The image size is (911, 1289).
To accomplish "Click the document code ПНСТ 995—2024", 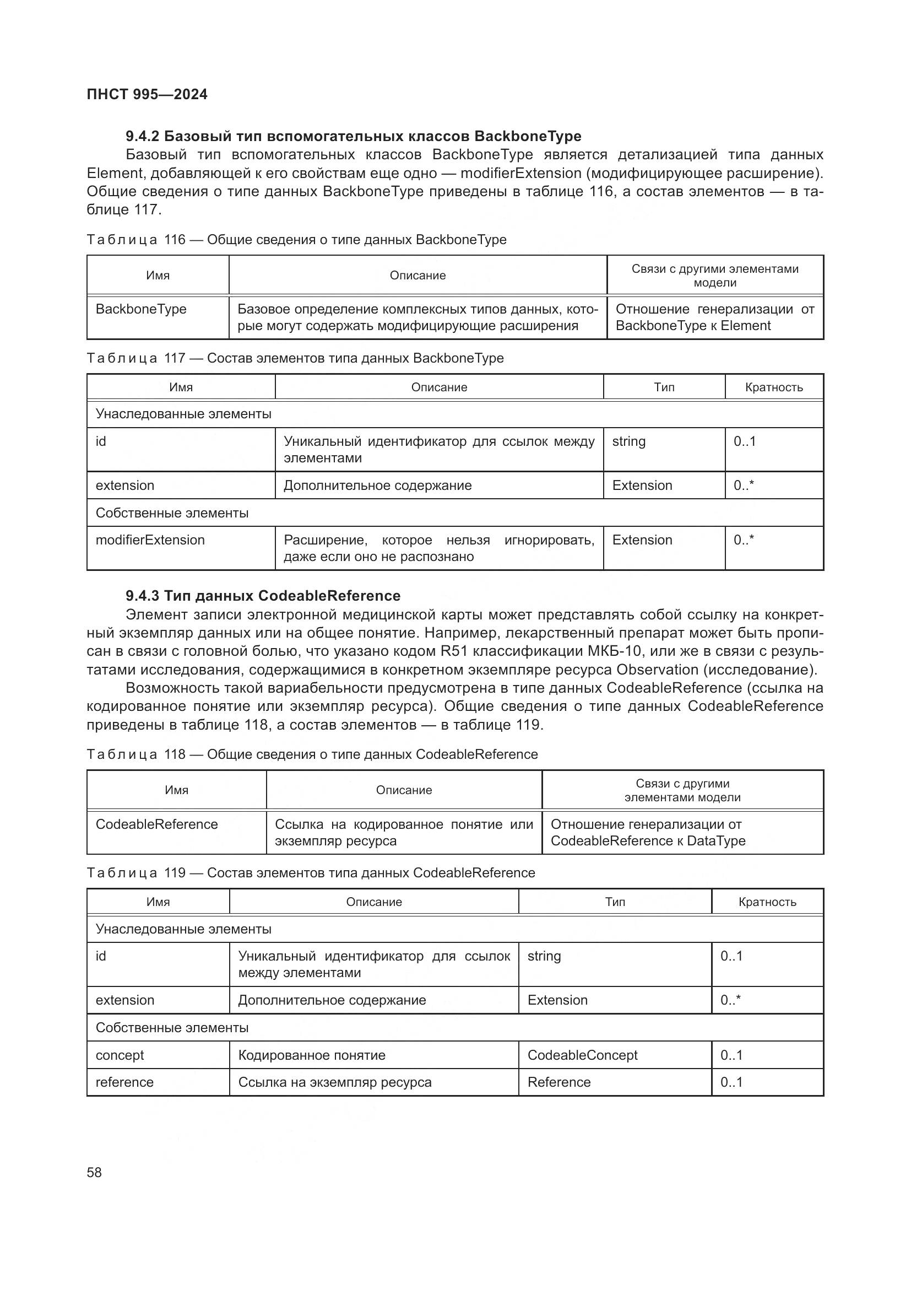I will coord(147,94).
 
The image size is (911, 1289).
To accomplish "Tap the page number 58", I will coord(94,1172).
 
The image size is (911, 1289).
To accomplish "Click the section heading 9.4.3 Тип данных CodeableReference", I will coord(263,596).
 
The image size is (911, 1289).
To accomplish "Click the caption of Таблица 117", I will coord(295,358).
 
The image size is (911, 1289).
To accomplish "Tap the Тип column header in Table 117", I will coord(664,387).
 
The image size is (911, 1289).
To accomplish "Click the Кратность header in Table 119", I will coord(767,902).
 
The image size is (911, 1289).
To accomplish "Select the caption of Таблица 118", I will coord(312,754).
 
